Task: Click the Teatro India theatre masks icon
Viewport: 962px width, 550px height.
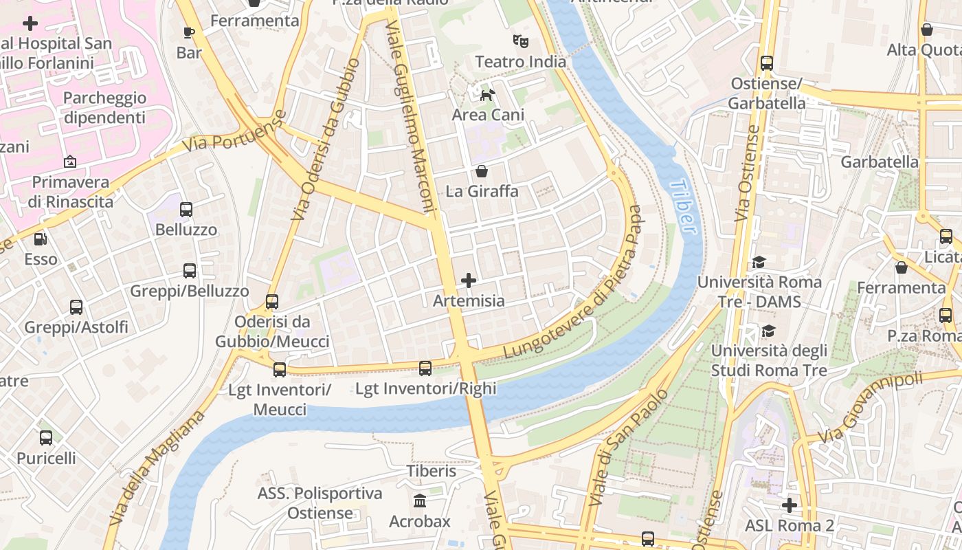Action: tap(521, 41)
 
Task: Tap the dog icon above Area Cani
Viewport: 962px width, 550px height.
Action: tap(487, 95)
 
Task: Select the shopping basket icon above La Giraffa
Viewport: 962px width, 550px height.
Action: tap(482, 170)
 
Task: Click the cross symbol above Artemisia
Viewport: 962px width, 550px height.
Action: tap(469, 280)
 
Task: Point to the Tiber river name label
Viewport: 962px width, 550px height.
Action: tap(682, 206)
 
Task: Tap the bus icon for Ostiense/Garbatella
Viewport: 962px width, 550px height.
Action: tap(767, 63)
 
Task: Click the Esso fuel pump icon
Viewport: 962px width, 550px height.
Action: tap(41, 239)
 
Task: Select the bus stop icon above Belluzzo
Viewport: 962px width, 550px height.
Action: tap(186, 210)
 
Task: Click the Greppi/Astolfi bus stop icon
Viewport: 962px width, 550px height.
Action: tap(76, 307)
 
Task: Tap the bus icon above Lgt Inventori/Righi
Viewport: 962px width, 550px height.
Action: tap(425, 368)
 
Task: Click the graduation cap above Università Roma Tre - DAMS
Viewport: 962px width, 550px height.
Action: tap(759, 262)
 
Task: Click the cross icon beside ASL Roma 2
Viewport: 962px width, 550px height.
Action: tap(790, 505)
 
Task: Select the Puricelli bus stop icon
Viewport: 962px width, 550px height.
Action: tap(46, 438)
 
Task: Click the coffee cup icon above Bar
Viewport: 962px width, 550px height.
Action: tap(189, 32)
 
